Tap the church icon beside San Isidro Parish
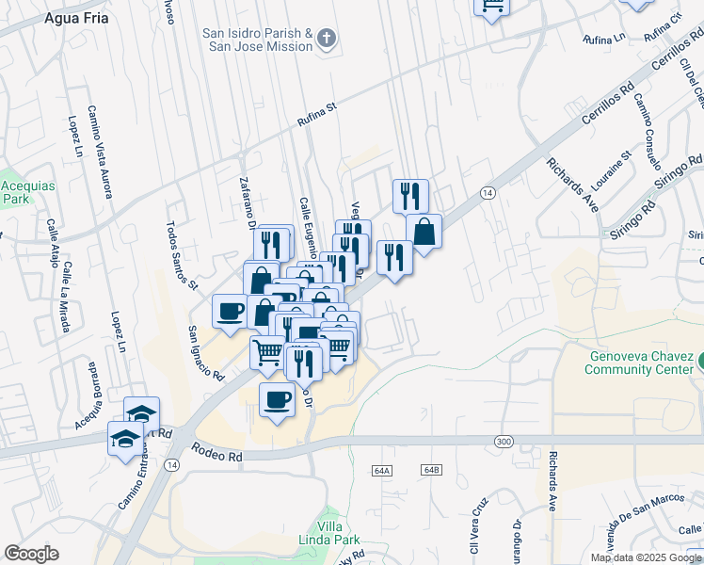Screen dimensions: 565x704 pos(327,40)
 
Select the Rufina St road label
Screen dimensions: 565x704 pos(316,114)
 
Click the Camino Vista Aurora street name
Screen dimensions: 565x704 pos(100,152)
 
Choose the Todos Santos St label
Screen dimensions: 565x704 pos(182,255)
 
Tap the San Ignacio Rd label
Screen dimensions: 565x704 pos(205,353)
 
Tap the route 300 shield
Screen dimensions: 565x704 pos(504,441)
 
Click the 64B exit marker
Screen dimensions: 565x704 pos(432,469)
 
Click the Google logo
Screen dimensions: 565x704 pos(31,554)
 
